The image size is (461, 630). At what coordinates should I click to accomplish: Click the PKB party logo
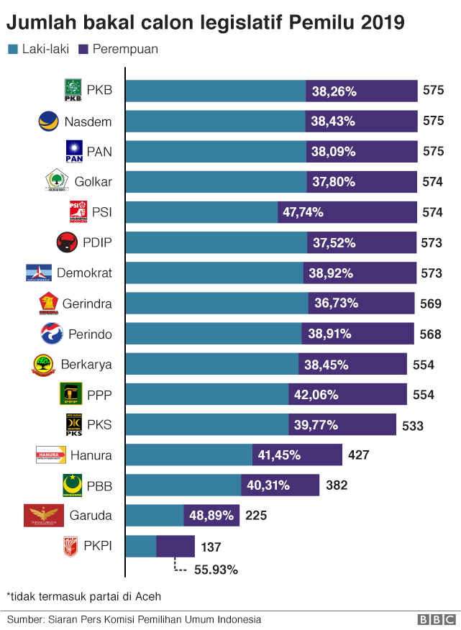(73, 91)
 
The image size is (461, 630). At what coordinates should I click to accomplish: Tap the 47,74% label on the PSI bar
(303, 212)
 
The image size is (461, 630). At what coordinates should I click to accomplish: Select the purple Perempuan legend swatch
(83, 50)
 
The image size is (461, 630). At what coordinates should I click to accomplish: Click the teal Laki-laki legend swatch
(12, 50)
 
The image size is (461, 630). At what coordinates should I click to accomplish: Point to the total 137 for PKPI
(211, 547)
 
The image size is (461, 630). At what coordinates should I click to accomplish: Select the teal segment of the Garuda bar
(155, 516)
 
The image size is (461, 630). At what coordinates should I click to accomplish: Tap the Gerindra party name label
(86, 303)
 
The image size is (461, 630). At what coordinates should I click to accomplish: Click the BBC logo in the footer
(437, 619)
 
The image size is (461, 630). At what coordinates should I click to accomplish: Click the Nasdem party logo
(48, 121)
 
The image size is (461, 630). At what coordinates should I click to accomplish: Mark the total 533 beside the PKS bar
(413, 426)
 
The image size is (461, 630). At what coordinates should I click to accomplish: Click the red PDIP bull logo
(67, 243)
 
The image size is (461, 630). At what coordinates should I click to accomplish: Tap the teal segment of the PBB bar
(183, 485)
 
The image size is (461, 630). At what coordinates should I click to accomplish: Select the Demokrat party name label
(83, 273)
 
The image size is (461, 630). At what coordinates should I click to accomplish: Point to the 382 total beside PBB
(337, 485)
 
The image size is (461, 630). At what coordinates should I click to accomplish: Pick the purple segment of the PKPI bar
(175, 547)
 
